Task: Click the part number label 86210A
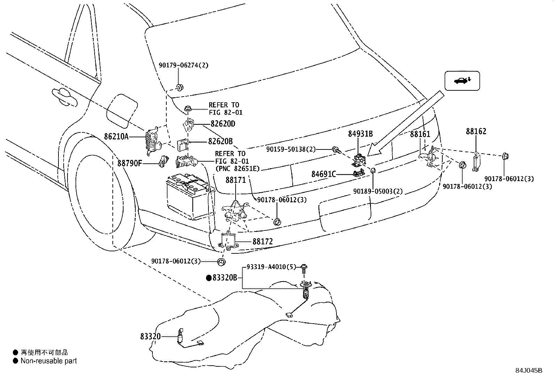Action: tap(116, 136)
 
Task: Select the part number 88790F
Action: tap(129, 163)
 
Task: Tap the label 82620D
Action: tap(223, 123)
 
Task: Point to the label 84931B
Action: tap(361, 134)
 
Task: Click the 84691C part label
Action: tap(324, 174)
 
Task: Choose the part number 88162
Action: tap(476, 131)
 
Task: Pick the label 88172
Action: tap(263, 242)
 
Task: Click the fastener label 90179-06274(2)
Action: tap(183, 65)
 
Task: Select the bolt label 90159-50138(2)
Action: tap(291, 149)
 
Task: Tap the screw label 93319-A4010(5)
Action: tap(271, 267)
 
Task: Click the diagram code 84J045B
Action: tap(529, 371)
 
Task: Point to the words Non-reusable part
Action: tap(49, 361)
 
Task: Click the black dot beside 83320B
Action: tap(209, 278)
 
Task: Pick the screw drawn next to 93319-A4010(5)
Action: tap(304, 269)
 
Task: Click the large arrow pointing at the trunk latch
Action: tap(406, 123)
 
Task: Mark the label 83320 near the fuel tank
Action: tap(150, 336)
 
